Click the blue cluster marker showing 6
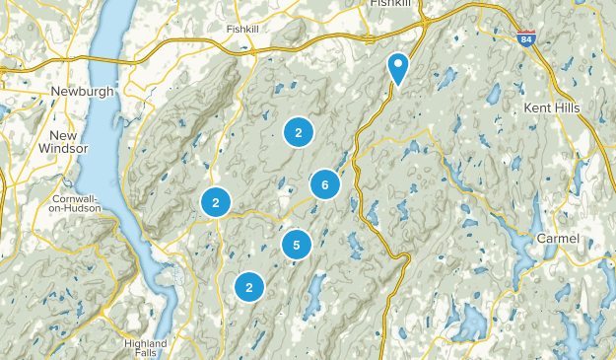(324, 183)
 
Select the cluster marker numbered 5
(296, 244)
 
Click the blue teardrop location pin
(398, 67)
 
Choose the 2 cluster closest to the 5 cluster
(249, 287)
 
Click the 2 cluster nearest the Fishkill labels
(298, 131)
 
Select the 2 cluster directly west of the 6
(215, 202)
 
